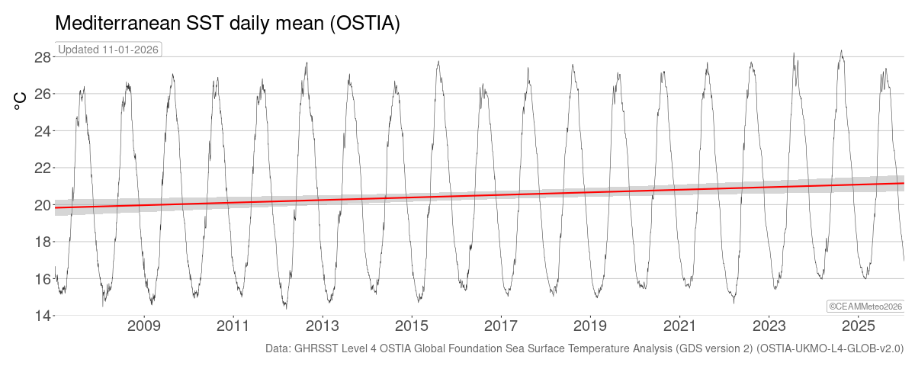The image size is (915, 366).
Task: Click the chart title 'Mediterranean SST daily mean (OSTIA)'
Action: pos(227,24)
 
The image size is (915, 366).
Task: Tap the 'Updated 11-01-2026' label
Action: pos(109,50)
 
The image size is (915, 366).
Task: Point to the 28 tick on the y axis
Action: pos(43,57)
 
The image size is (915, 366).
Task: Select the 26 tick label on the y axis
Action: pos(43,94)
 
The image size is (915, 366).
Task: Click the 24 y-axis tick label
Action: pos(43,131)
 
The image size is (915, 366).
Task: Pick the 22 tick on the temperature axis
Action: pos(43,168)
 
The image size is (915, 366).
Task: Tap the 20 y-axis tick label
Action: pos(43,205)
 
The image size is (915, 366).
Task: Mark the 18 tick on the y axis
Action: pos(43,242)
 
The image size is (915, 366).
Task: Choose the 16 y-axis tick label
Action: pos(43,279)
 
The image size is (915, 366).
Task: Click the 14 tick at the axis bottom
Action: pos(43,316)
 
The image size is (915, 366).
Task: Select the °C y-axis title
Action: pos(21,100)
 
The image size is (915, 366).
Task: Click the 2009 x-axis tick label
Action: pos(144,327)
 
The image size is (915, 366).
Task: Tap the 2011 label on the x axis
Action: pos(233,327)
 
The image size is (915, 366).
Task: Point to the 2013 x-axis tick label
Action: pos(323,327)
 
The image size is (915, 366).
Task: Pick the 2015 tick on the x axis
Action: pos(412,327)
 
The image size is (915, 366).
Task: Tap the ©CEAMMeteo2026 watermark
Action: pos(865,306)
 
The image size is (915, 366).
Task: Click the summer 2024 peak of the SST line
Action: pos(841,51)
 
